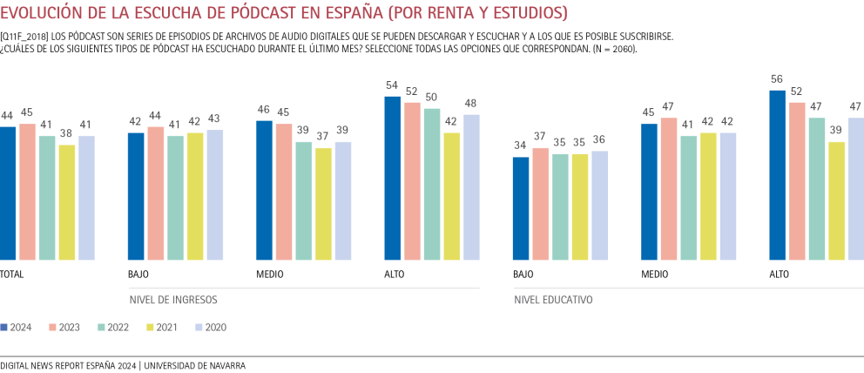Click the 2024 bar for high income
pos(393,178)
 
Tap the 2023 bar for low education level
pos(540,204)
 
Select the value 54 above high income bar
pos(393,85)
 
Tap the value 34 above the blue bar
pos(521,146)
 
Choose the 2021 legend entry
pos(163,327)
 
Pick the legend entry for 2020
pos(211,327)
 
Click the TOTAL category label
pos(11,274)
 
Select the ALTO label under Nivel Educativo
pos(780,274)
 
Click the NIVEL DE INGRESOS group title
pos(172,299)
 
